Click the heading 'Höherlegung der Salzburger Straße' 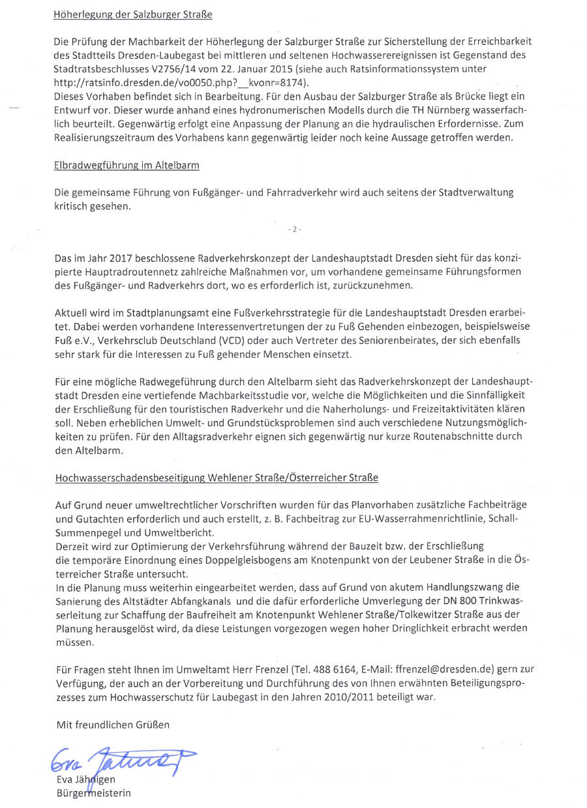click(133, 14)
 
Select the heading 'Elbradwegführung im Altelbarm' click(127, 166)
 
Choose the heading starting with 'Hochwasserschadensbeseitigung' click(217, 478)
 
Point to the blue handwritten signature click(121, 758)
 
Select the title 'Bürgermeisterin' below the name click(94, 793)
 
